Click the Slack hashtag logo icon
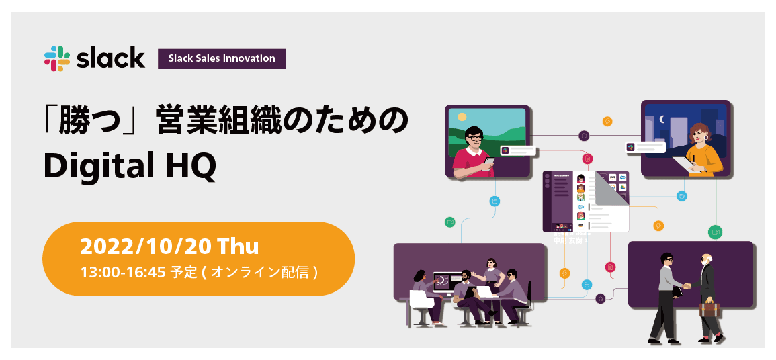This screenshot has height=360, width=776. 57,58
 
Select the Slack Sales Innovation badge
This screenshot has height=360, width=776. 222,58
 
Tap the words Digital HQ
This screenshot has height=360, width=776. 130,165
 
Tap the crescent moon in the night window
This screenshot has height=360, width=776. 662,120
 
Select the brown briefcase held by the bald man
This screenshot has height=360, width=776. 708,308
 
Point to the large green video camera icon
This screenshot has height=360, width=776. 716,232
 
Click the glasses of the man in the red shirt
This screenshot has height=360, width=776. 475,138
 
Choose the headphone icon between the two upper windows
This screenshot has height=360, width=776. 584,135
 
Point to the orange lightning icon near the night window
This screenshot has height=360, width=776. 607,122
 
